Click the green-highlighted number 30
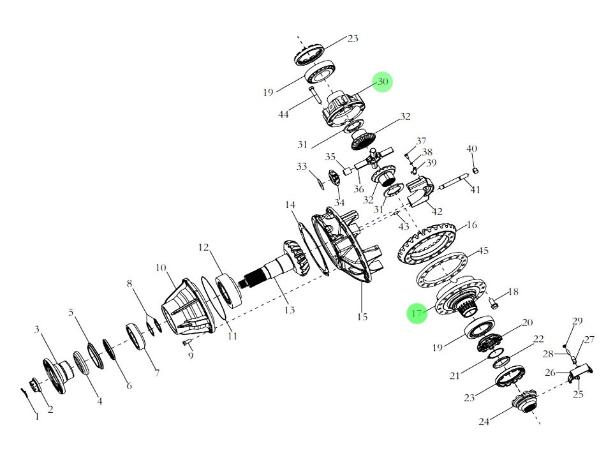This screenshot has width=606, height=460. pos(383,82)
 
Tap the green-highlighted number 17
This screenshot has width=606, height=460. pos(417,313)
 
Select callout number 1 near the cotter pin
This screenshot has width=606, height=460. pos(37,417)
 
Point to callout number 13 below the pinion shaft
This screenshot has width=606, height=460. pos(290,309)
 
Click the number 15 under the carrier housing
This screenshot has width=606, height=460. pos(362,316)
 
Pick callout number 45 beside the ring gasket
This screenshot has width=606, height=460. pos(484,251)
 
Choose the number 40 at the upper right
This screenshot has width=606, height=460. pos(472,149)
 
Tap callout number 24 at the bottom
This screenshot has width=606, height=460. pos(484,421)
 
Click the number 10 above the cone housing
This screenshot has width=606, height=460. pos(161,267)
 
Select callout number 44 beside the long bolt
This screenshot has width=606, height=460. pos(283,114)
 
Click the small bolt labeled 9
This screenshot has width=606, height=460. pos(187,342)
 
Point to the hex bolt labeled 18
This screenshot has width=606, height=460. pos(494,303)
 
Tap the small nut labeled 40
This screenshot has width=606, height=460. pos(476,170)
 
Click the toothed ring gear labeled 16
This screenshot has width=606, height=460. pos(427,244)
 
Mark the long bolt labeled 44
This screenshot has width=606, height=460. pos(314,95)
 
